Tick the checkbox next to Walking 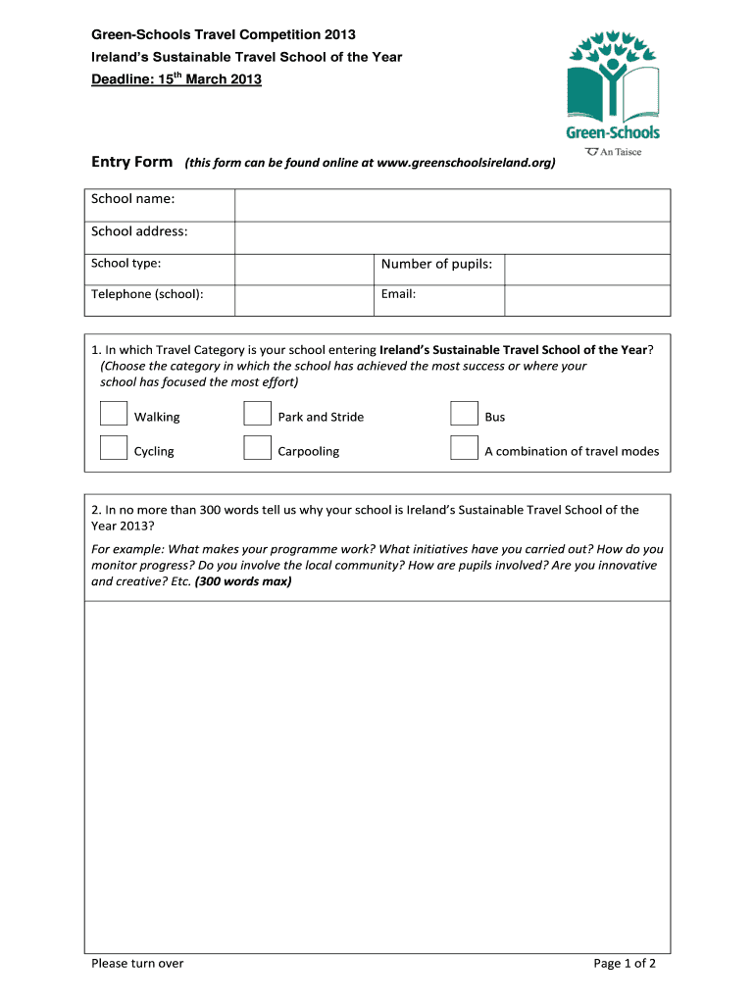click(x=114, y=415)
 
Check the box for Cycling click(x=114, y=448)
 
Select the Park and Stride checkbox click(x=257, y=415)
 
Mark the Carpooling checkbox click(x=257, y=448)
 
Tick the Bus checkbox click(x=464, y=415)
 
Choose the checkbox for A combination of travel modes click(x=464, y=448)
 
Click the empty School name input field click(x=452, y=206)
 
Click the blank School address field click(x=452, y=238)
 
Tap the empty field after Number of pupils click(x=587, y=270)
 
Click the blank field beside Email click(x=587, y=300)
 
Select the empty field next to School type click(x=304, y=270)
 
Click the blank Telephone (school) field click(x=304, y=300)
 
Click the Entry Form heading click(x=132, y=162)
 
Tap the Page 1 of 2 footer click(x=625, y=963)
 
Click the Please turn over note click(x=137, y=963)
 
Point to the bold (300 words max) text click(x=243, y=581)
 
